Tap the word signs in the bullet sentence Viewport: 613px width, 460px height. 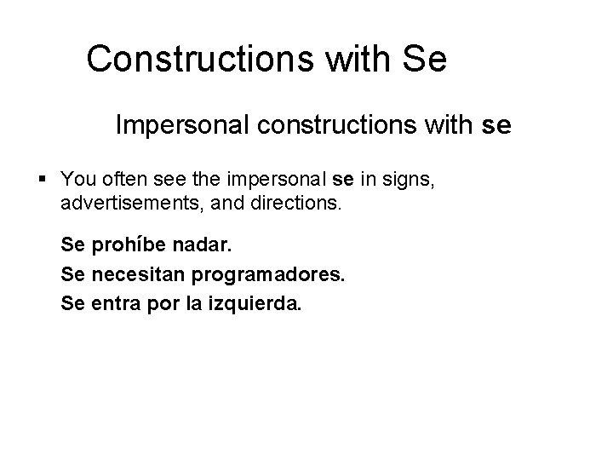click(x=411, y=180)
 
